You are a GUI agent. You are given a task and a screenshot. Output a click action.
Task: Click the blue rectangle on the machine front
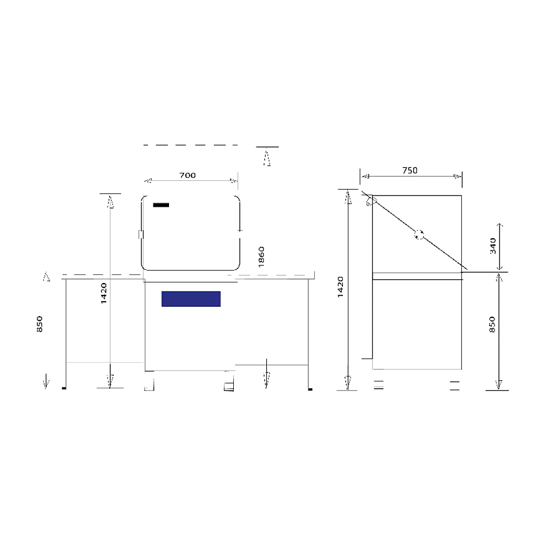(191, 299)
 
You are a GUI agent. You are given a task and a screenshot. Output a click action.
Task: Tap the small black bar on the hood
(161, 205)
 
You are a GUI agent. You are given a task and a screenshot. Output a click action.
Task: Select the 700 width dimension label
(188, 175)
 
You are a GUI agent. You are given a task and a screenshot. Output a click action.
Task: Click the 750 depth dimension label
(410, 171)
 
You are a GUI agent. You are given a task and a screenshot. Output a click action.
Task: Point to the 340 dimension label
(493, 246)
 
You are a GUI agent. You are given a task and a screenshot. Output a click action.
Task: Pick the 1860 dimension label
(261, 257)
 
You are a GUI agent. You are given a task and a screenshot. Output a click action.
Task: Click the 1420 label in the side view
(340, 287)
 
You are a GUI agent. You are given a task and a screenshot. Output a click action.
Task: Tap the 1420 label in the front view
(104, 293)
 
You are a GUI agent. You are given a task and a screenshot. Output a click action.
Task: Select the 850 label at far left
(39, 324)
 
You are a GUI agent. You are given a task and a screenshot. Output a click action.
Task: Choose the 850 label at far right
(492, 325)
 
